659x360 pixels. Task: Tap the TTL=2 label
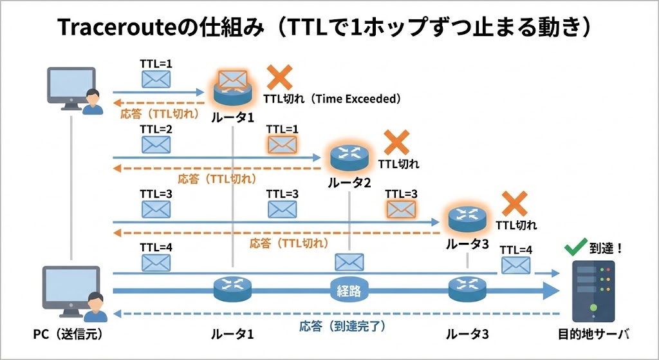(x=155, y=129)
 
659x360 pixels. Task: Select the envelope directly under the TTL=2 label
(x=155, y=144)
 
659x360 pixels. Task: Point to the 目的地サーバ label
(x=593, y=335)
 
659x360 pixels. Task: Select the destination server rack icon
(x=593, y=290)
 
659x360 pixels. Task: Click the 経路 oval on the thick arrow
(x=348, y=290)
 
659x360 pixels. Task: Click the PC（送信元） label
(x=68, y=335)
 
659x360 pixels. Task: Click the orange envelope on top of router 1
(x=232, y=80)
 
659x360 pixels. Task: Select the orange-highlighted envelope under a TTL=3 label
(x=401, y=208)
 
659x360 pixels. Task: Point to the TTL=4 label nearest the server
(x=516, y=250)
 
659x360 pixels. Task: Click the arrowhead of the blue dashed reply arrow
(x=117, y=314)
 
